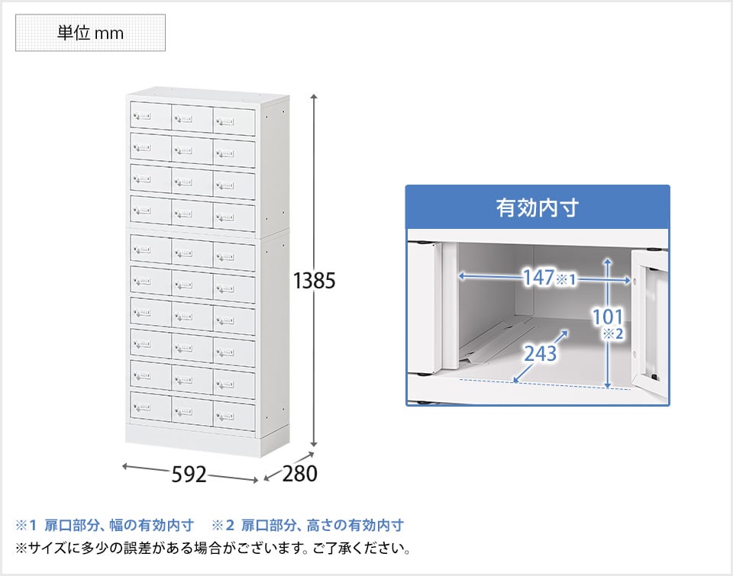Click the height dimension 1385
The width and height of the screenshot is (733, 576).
coord(314,281)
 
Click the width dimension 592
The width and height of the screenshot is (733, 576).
coord(189,475)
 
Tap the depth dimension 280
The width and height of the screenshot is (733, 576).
coord(299,473)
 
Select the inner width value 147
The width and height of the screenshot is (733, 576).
coord(538,278)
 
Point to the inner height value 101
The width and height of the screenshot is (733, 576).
coord(608,317)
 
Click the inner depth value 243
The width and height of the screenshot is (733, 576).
coord(541,354)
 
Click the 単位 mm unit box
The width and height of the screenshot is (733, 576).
coord(90,33)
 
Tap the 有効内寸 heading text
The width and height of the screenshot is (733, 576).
coord(538,208)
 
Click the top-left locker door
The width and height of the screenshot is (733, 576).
coord(150,115)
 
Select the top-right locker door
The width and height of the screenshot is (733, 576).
coord(234,121)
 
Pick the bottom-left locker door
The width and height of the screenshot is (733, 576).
coord(150,406)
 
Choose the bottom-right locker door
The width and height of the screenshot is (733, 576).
coord(234,417)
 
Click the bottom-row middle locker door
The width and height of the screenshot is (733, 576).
coord(192,411)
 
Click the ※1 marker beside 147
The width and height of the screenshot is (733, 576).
coord(566,279)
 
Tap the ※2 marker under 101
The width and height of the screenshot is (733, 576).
coord(613,333)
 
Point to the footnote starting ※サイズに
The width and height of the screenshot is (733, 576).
coord(213,548)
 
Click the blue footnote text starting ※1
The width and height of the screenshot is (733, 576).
coord(105,525)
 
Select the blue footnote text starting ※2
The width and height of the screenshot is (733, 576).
coord(308,525)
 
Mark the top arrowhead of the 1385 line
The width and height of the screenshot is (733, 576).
coord(314,97)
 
